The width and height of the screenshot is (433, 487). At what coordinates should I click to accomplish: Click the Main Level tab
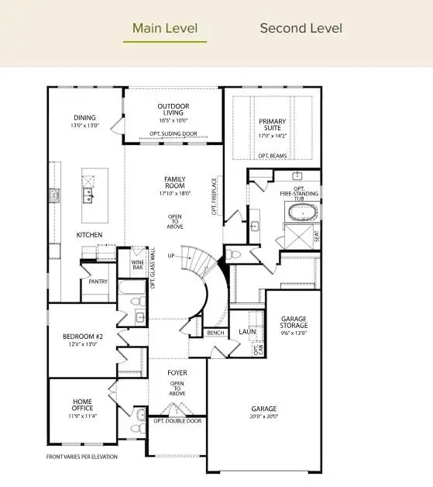(164, 29)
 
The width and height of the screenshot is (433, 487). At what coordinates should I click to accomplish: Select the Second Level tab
(301, 29)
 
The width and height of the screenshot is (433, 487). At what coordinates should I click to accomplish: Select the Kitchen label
(89, 234)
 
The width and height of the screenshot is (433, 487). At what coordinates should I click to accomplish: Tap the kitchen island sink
(89, 193)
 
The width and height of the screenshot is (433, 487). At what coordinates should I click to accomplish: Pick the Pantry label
(98, 281)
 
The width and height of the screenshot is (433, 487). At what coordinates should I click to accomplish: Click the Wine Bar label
(137, 264)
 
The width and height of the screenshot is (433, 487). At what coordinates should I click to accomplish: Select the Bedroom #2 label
(82, 336)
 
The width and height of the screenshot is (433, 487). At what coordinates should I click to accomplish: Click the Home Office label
(82, 405)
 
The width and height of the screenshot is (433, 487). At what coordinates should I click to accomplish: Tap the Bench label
(215, 333)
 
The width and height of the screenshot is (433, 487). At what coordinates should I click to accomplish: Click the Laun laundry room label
(247, 331)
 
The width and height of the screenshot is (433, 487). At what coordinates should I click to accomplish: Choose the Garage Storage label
(294, 322)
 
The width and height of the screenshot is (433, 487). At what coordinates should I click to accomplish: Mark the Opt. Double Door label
(177, 420)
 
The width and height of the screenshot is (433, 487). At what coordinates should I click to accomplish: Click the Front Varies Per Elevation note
(82, 457)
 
